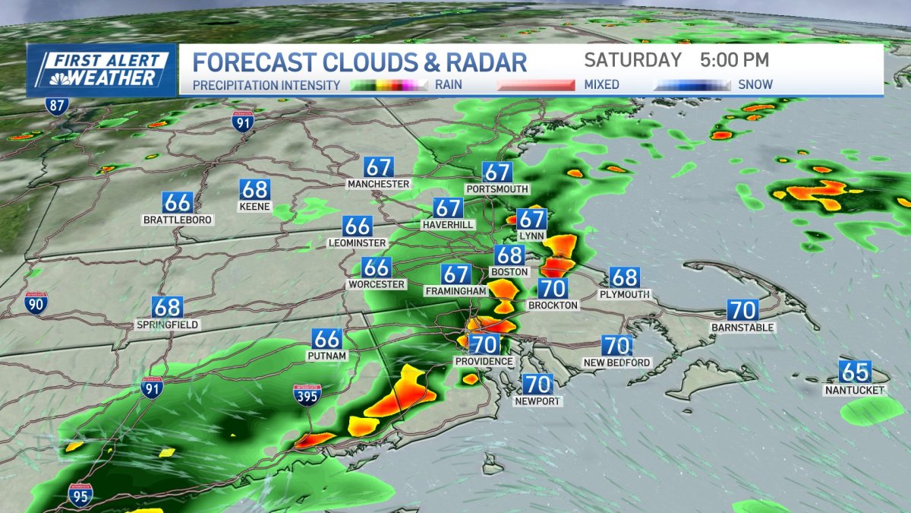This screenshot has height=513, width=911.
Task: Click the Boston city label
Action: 509,271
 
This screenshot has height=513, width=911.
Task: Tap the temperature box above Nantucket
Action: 855,372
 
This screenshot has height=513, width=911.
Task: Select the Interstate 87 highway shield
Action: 56,105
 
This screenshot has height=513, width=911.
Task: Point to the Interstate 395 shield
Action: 307,394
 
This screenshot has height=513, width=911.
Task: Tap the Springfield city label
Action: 167,325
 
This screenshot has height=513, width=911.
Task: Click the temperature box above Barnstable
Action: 742,310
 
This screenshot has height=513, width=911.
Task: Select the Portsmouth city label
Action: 497,188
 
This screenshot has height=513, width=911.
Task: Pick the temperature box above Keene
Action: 254,189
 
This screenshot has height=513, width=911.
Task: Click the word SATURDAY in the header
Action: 633,60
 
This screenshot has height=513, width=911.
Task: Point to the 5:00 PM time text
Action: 735,60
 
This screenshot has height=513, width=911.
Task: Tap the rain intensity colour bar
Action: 389,85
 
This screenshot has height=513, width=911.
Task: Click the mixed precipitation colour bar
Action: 536,85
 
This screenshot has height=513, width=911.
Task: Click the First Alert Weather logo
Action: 101,70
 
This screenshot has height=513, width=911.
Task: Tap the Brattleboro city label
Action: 178,220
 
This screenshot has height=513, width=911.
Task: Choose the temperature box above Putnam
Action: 327,339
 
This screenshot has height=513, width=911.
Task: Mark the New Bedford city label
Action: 616,363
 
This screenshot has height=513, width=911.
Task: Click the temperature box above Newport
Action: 537,385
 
